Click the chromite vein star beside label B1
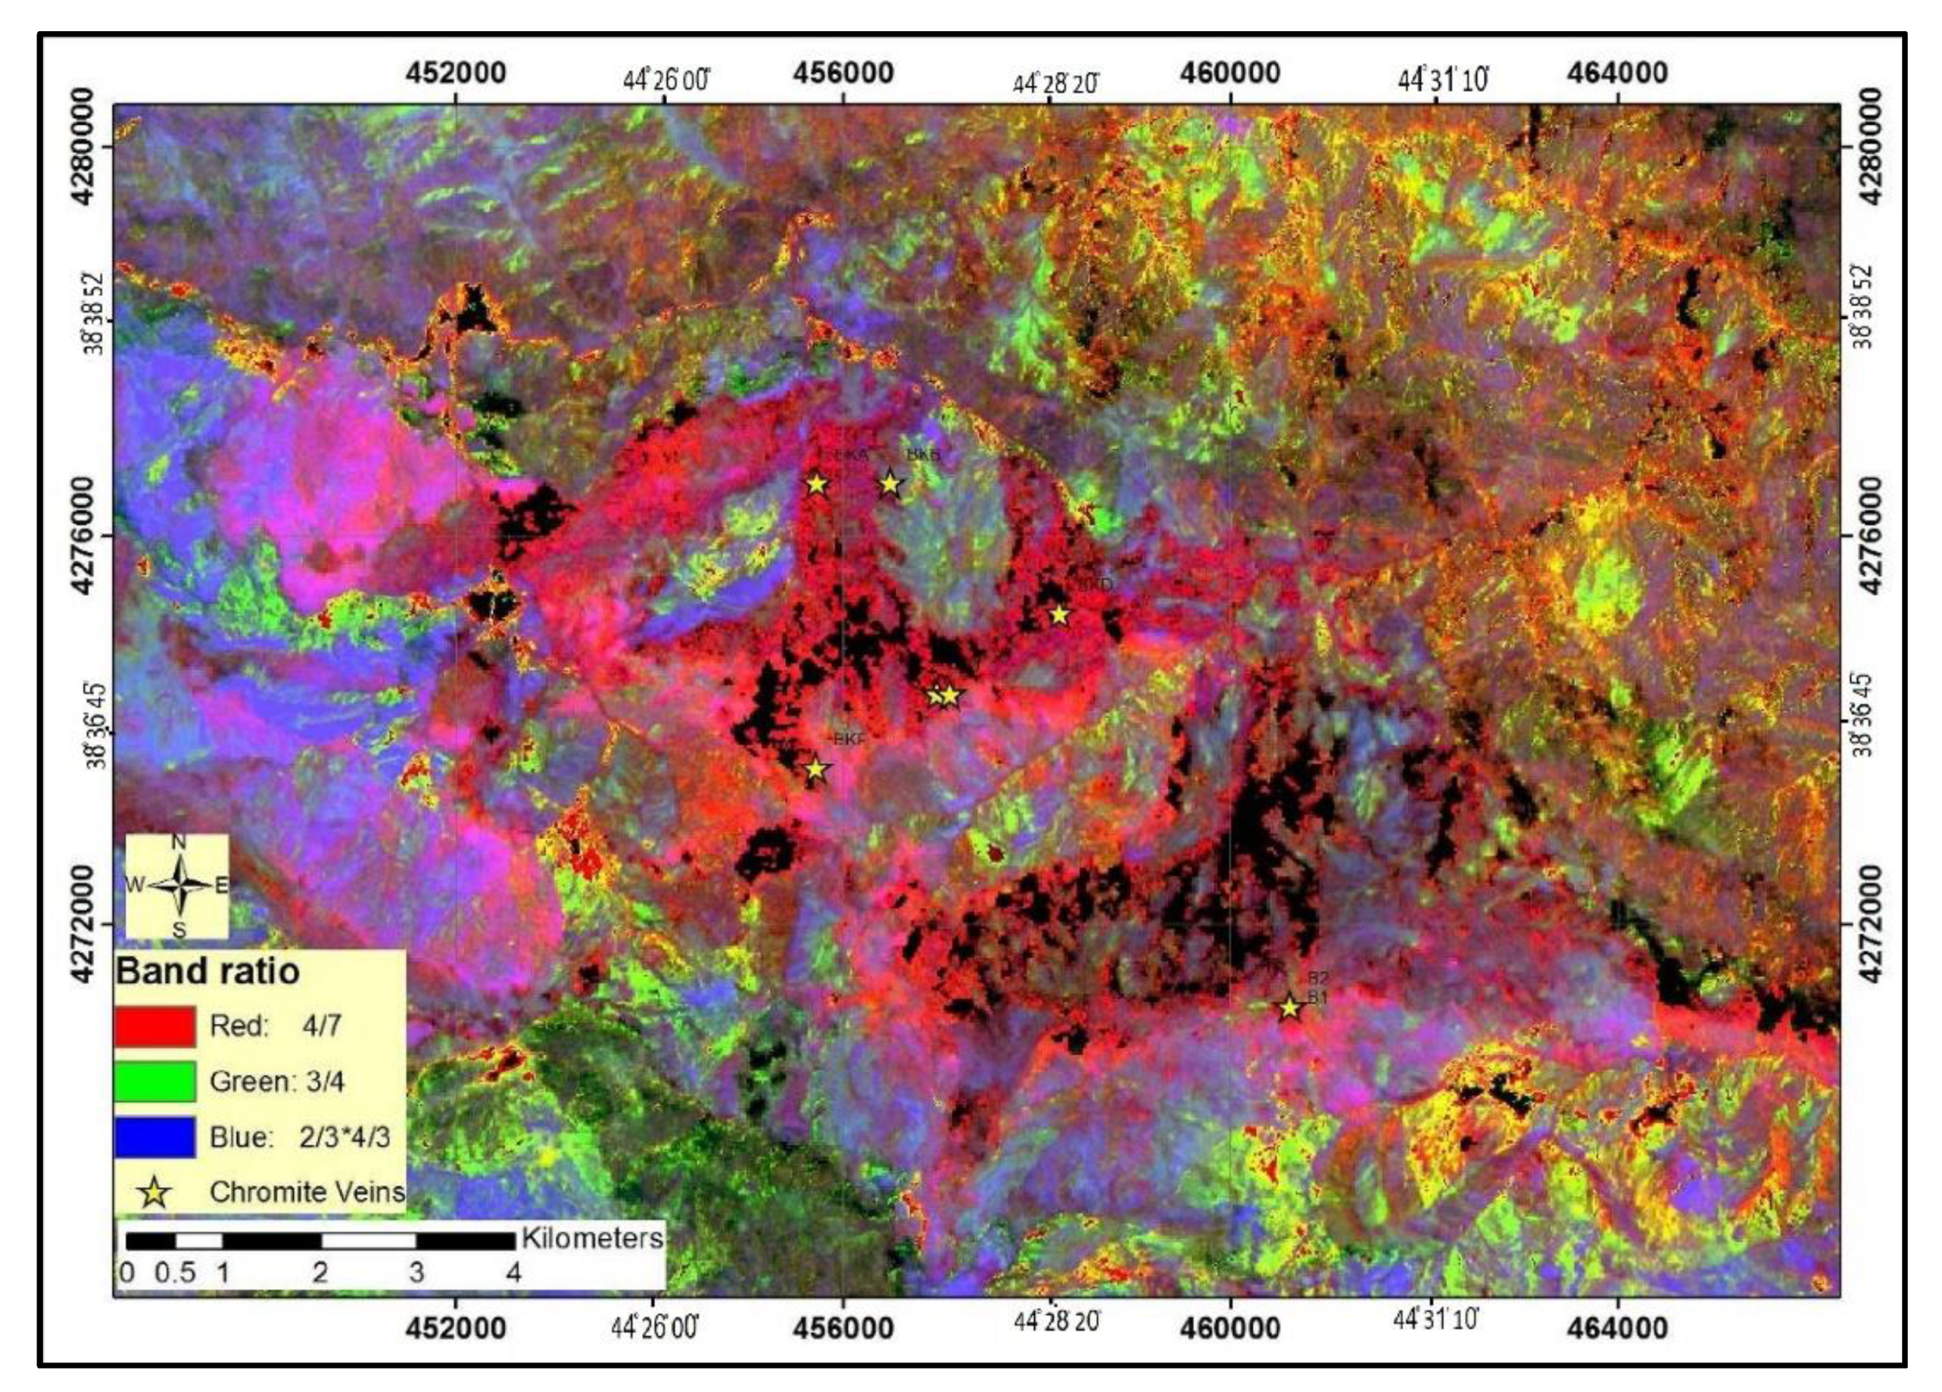click(x=1290, y=1008)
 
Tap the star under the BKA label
click(x=817, y=485)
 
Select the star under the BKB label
click(x=891, y=485)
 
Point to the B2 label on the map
click(x=1318, y=978)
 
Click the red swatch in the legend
click(x=155, y=1026)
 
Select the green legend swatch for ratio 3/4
click(x=155, y=1082)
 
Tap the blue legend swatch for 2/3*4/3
click(x=155, y=1138)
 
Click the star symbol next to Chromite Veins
click(x=154, y=1192)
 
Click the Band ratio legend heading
click(x=207, y=972)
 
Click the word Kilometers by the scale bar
click(x=591, y=1238)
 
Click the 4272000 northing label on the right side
click(x=1869, y=924)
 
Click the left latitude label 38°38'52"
click(x=96, y=313)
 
